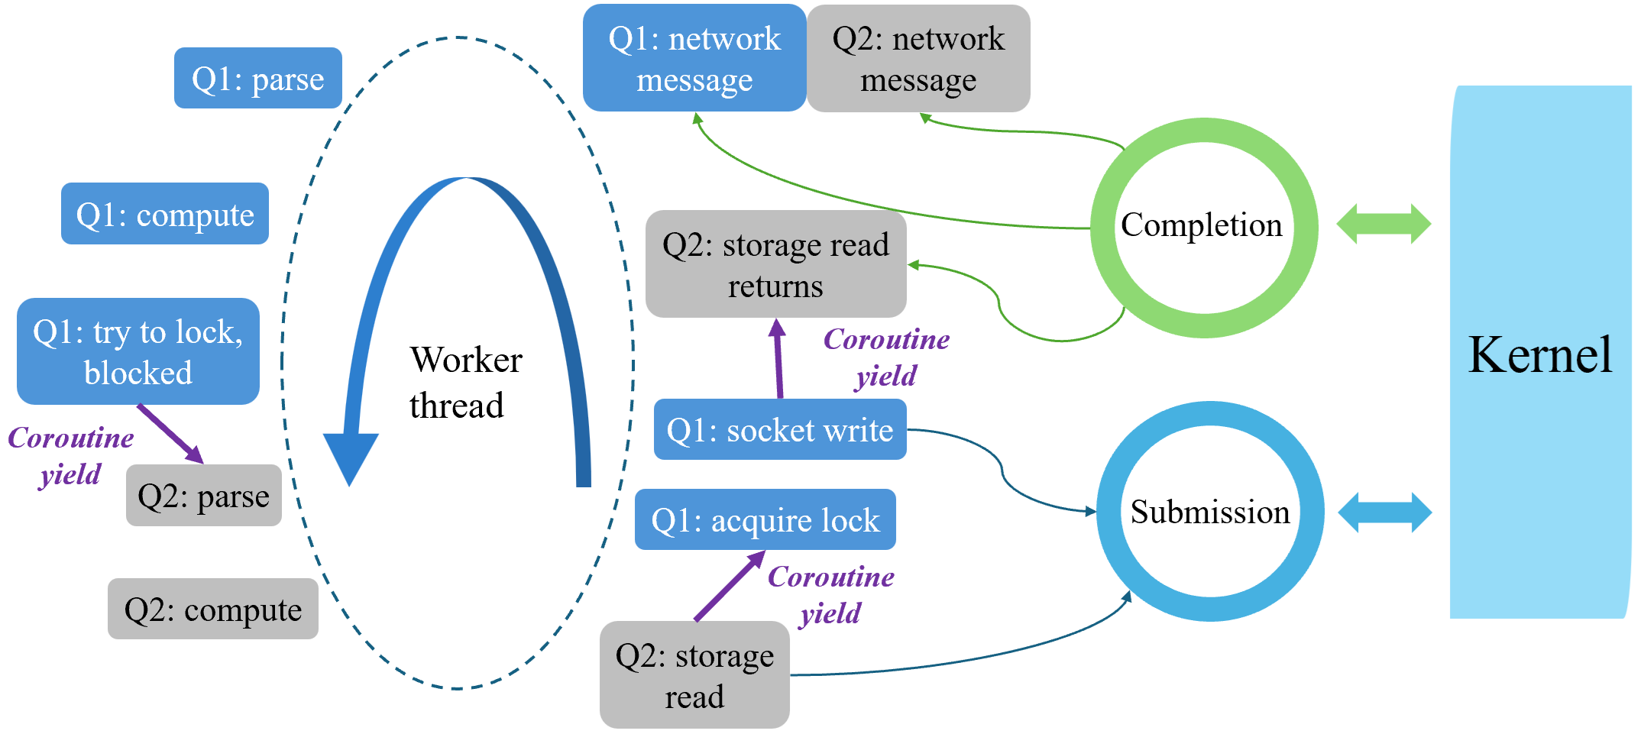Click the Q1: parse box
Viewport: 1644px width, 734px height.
(x=257, y=78)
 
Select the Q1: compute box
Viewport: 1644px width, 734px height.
(x=164, y=214)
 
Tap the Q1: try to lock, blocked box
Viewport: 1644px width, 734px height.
(x=138, y=351)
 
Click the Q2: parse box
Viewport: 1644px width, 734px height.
(x=203, y=496)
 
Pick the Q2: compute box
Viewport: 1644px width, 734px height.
(x=212, y=609)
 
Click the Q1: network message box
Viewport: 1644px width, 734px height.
(x=694, y=58)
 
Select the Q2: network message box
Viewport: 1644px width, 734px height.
(x=918, y=58)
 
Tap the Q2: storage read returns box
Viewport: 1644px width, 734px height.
(x=775, y=264)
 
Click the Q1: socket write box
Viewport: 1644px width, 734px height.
(x=779, y=429)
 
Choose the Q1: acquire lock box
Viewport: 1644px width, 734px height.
(x=765, y=519)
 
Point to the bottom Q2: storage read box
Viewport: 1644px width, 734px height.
(x=694, y=674)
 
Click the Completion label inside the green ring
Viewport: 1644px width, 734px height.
(x=1201, y=225)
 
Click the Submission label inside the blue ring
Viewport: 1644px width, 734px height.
(x=1209, y=512)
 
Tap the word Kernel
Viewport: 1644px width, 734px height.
(x=1539, y=354)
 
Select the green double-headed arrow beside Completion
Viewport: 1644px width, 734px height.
(x=1383, y=224)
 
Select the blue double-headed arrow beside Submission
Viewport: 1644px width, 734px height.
(x=1384, y=512)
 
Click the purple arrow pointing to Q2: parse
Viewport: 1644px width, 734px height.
(x=170, y=434)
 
